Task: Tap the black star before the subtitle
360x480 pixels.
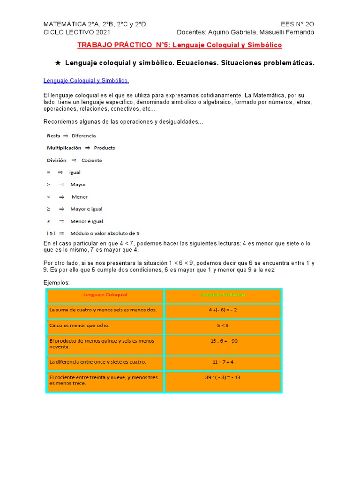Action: point(58,63)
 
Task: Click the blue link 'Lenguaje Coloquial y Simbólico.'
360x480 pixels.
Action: point(86,81)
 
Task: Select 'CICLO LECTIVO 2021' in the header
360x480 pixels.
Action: point(77,32)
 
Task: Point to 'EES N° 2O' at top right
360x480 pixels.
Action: point(297,24)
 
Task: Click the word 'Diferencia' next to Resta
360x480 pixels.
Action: point(83,136)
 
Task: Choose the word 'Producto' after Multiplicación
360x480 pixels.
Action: point(105,148)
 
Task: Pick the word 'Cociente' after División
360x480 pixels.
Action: point(91,160)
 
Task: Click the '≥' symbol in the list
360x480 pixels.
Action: point(49,209)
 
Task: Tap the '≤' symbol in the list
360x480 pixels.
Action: point(49,221)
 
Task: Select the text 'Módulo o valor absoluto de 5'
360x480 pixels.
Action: point(105,233)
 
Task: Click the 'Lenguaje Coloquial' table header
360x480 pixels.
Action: point(105,295)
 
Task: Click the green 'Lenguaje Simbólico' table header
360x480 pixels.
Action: point(223,295)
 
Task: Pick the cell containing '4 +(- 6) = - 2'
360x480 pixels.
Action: point(223,310)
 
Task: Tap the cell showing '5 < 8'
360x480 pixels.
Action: point(223,325)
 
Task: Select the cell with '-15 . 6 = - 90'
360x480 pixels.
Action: point(223,341)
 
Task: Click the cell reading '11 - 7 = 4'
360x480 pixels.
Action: point(223,362)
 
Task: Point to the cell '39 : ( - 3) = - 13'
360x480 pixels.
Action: point(223,377)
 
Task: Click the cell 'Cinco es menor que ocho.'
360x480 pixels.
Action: point(105,325)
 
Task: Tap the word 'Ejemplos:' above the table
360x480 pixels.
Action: point(56,283)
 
